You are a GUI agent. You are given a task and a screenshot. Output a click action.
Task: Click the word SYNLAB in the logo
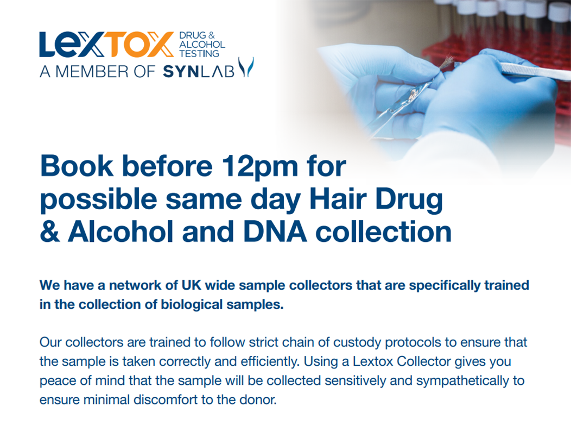point(199,71)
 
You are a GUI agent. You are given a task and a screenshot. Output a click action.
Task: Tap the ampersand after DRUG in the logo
point(212,35)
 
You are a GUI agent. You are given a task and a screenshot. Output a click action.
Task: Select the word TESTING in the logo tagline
point(199,54)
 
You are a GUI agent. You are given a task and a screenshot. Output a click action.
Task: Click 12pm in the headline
point(261,167)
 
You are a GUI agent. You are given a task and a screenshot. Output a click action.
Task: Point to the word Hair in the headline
point(338,199)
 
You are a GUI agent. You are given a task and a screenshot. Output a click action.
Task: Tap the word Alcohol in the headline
point(120,232)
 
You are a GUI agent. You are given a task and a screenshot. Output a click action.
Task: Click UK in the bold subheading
point(192,285)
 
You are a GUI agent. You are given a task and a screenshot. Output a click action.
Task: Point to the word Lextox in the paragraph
point(373,361)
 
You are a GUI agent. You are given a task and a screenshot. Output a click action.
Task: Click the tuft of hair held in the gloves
point(447,63)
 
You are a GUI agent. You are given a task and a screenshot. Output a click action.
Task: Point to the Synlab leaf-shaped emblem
point(246,67)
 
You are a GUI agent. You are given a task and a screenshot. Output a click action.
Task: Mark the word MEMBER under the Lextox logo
point(92,72)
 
